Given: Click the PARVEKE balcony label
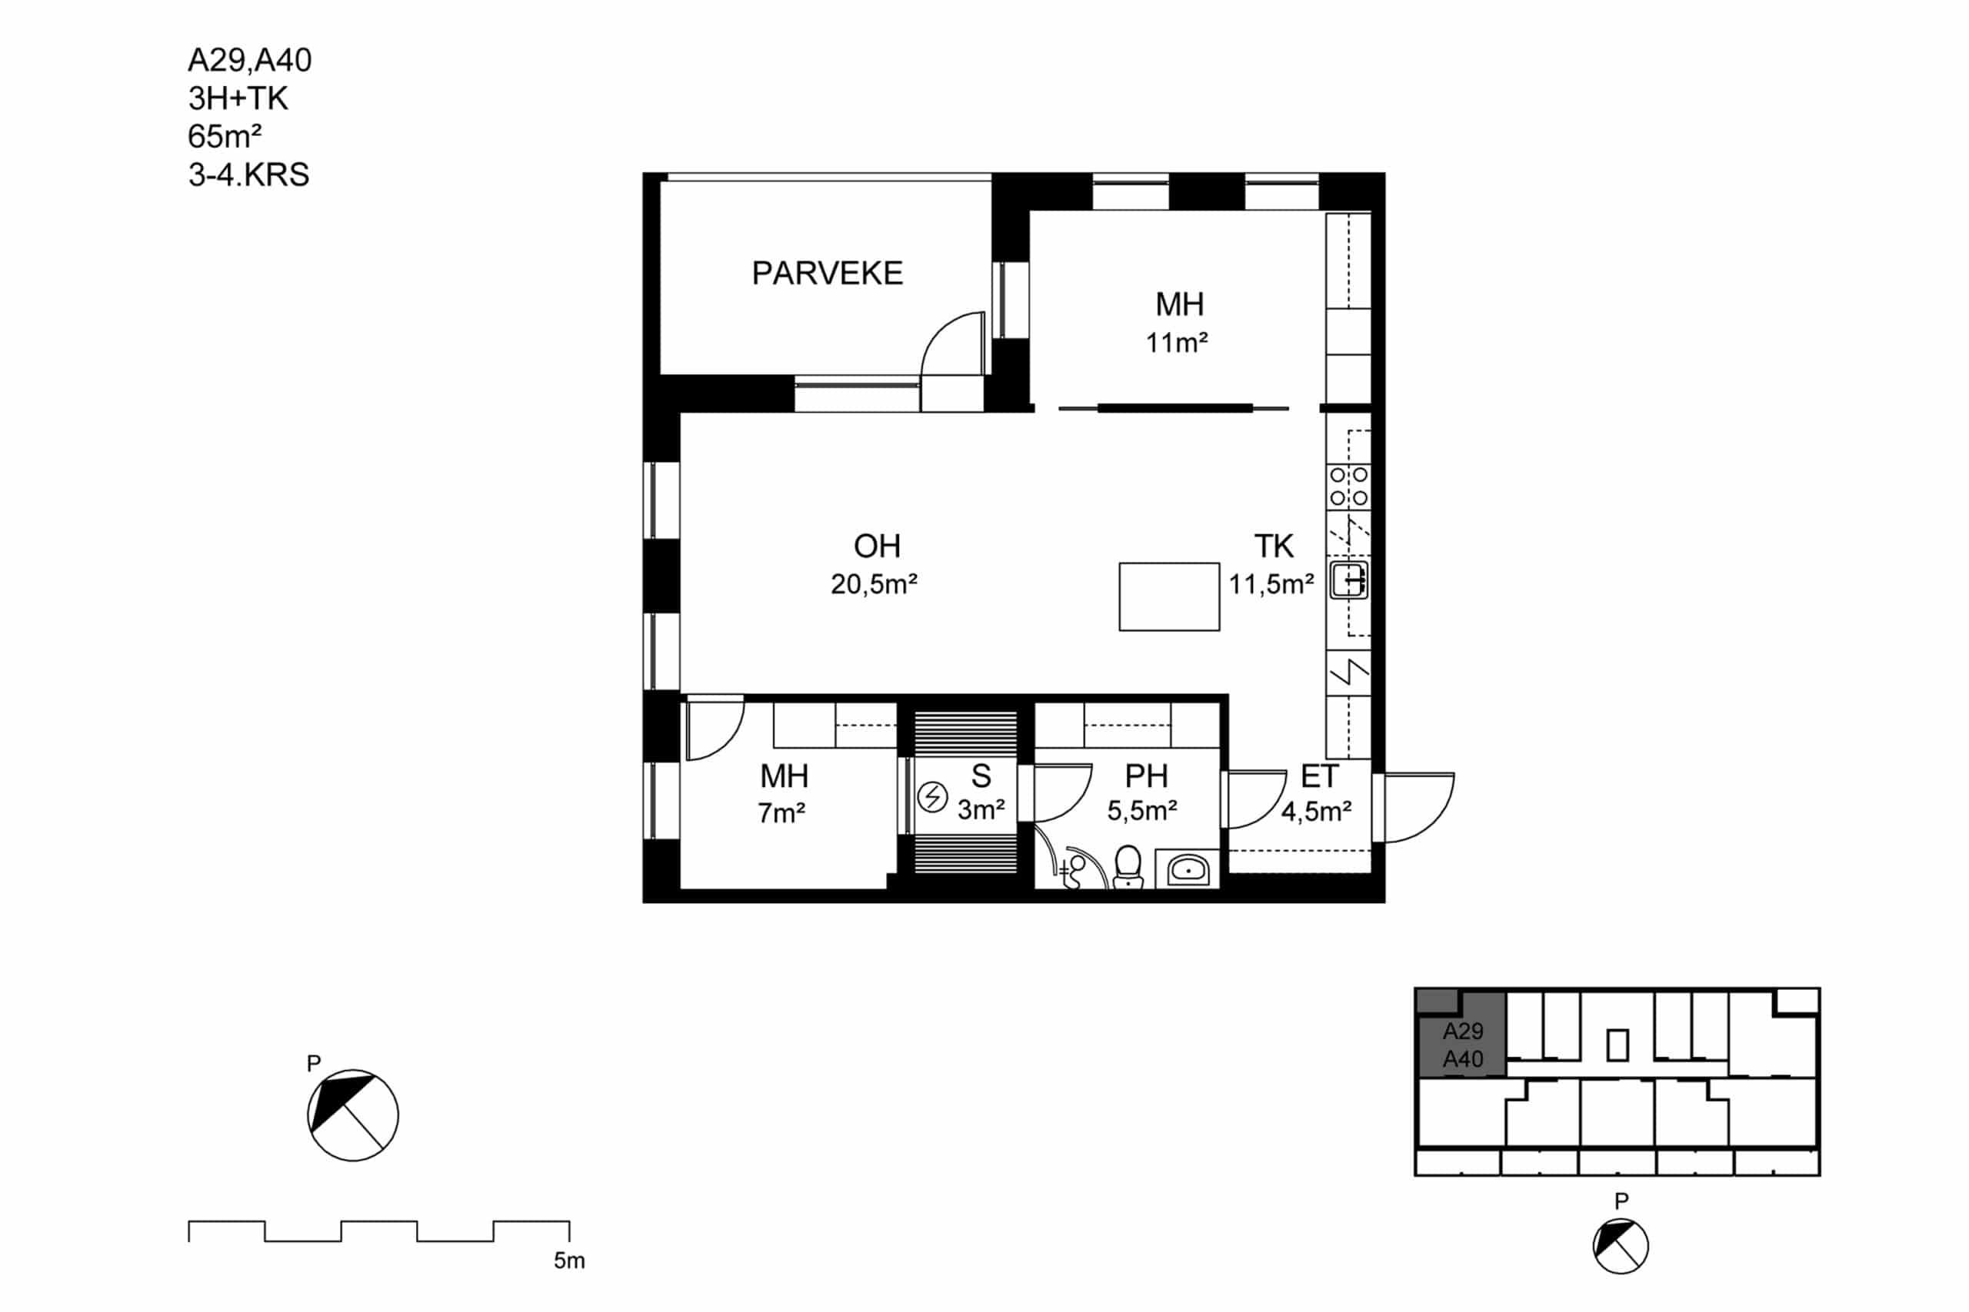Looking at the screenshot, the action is click(827, 273).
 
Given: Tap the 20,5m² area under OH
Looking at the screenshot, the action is click(874, 583).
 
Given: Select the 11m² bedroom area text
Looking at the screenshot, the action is click(1176, 342).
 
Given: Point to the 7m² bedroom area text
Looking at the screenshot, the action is click(781, 812).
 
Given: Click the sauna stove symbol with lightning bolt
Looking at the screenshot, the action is click(931, 796).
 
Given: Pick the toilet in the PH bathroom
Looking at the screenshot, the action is click(1128, 867).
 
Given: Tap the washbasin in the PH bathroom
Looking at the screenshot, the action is click(1187, 869).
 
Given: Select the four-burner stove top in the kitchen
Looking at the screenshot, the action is click(1348, 487).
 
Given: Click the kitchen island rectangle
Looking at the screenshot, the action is click(1168, 596).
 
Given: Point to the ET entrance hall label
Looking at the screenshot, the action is click(1319, 776).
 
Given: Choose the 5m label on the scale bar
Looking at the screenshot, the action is click(569, 1261).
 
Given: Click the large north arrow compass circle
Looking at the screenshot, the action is click(352, 1115).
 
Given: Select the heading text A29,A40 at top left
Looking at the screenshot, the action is click(249, 60).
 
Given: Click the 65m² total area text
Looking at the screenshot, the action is click(225, 135).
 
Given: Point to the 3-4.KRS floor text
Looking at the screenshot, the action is click(248, 175).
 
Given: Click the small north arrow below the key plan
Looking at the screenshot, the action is click(1620, 1246).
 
